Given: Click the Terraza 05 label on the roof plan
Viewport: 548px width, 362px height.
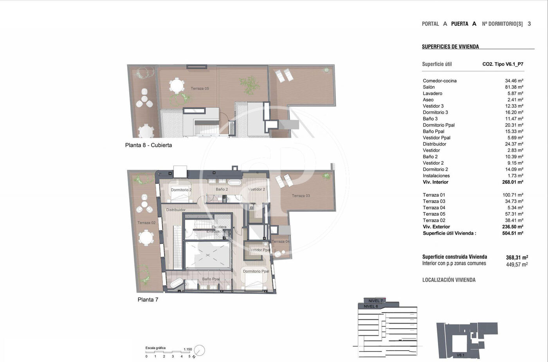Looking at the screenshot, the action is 200,88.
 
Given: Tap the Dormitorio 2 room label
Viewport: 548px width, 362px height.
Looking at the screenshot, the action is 181,190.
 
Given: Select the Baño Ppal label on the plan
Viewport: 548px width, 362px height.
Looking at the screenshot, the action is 211,279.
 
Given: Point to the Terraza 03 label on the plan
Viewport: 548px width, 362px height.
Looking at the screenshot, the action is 301,196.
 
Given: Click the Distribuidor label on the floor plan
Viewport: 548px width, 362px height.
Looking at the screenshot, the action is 176,210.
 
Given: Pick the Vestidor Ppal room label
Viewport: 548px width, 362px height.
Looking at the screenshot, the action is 259,250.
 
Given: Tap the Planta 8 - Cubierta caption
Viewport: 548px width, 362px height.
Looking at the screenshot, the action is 148,145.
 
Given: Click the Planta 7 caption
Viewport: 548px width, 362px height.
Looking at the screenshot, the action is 148,300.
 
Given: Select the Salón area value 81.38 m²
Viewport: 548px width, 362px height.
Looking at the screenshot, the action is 514,87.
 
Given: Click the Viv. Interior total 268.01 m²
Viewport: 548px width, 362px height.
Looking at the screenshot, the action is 513,182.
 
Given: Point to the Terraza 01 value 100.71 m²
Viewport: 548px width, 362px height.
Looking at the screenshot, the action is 513,195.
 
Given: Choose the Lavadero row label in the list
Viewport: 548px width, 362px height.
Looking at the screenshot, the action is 433,94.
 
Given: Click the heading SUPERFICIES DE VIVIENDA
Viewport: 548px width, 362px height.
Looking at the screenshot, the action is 451,47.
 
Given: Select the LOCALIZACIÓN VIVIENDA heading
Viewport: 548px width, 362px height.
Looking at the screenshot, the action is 449,280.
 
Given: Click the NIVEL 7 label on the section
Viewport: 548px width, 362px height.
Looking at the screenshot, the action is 375,301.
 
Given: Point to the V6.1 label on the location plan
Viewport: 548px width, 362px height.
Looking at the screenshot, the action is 460,355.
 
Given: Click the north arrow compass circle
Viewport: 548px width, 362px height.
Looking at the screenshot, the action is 200,350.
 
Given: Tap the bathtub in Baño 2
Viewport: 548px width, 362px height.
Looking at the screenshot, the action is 234,182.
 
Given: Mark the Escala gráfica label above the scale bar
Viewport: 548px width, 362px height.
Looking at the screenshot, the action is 155,348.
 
